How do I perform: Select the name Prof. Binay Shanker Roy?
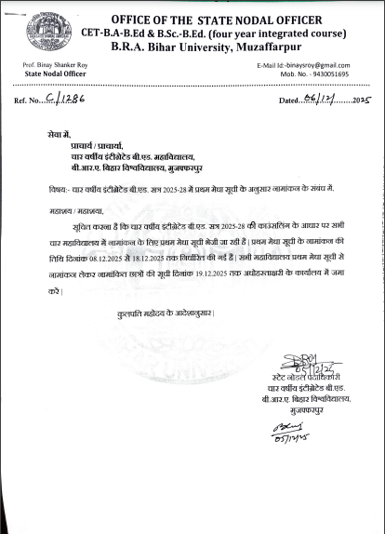point(51,63)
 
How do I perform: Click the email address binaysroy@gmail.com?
point(324,63)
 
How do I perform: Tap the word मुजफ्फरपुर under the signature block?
point(313,406)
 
